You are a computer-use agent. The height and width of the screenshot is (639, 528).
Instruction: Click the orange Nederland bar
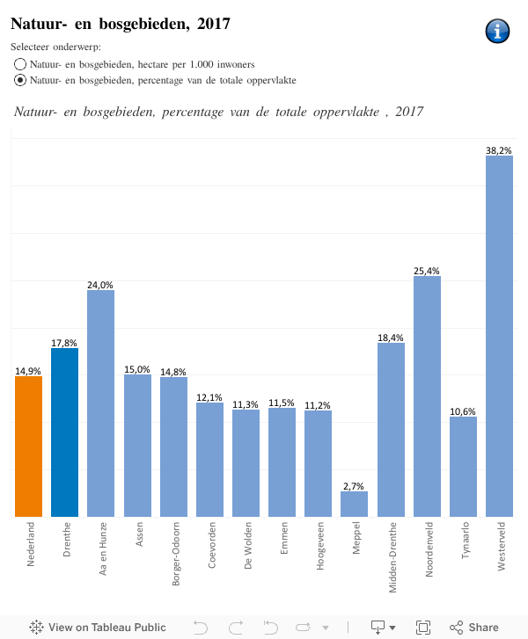coord(28,447)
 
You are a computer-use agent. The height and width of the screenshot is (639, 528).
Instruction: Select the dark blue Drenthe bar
coord(64,432)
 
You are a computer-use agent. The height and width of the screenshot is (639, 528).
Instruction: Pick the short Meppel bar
coord(354,504)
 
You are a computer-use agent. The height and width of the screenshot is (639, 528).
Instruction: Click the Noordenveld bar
coord(427,396)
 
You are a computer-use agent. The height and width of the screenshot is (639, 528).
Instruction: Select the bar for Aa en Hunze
coord(100,403)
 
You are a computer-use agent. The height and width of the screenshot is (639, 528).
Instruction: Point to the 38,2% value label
coord(499,150)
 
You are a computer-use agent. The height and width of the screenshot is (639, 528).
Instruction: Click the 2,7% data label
coord(354,485)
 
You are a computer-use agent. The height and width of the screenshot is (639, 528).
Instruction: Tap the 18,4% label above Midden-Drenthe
coord(391,337)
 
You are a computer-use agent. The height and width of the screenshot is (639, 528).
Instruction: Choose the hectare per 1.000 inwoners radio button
coord(20,64)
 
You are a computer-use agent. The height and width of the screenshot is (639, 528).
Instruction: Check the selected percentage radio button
coord(20,80)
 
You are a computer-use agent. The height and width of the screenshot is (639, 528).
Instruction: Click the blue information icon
coord(497,31)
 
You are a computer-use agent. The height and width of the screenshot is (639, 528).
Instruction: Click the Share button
coord(474,627)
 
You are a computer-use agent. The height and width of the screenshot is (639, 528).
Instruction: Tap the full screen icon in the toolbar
coord(423,627)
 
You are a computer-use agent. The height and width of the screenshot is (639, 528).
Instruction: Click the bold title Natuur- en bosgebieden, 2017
coord(121,24)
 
